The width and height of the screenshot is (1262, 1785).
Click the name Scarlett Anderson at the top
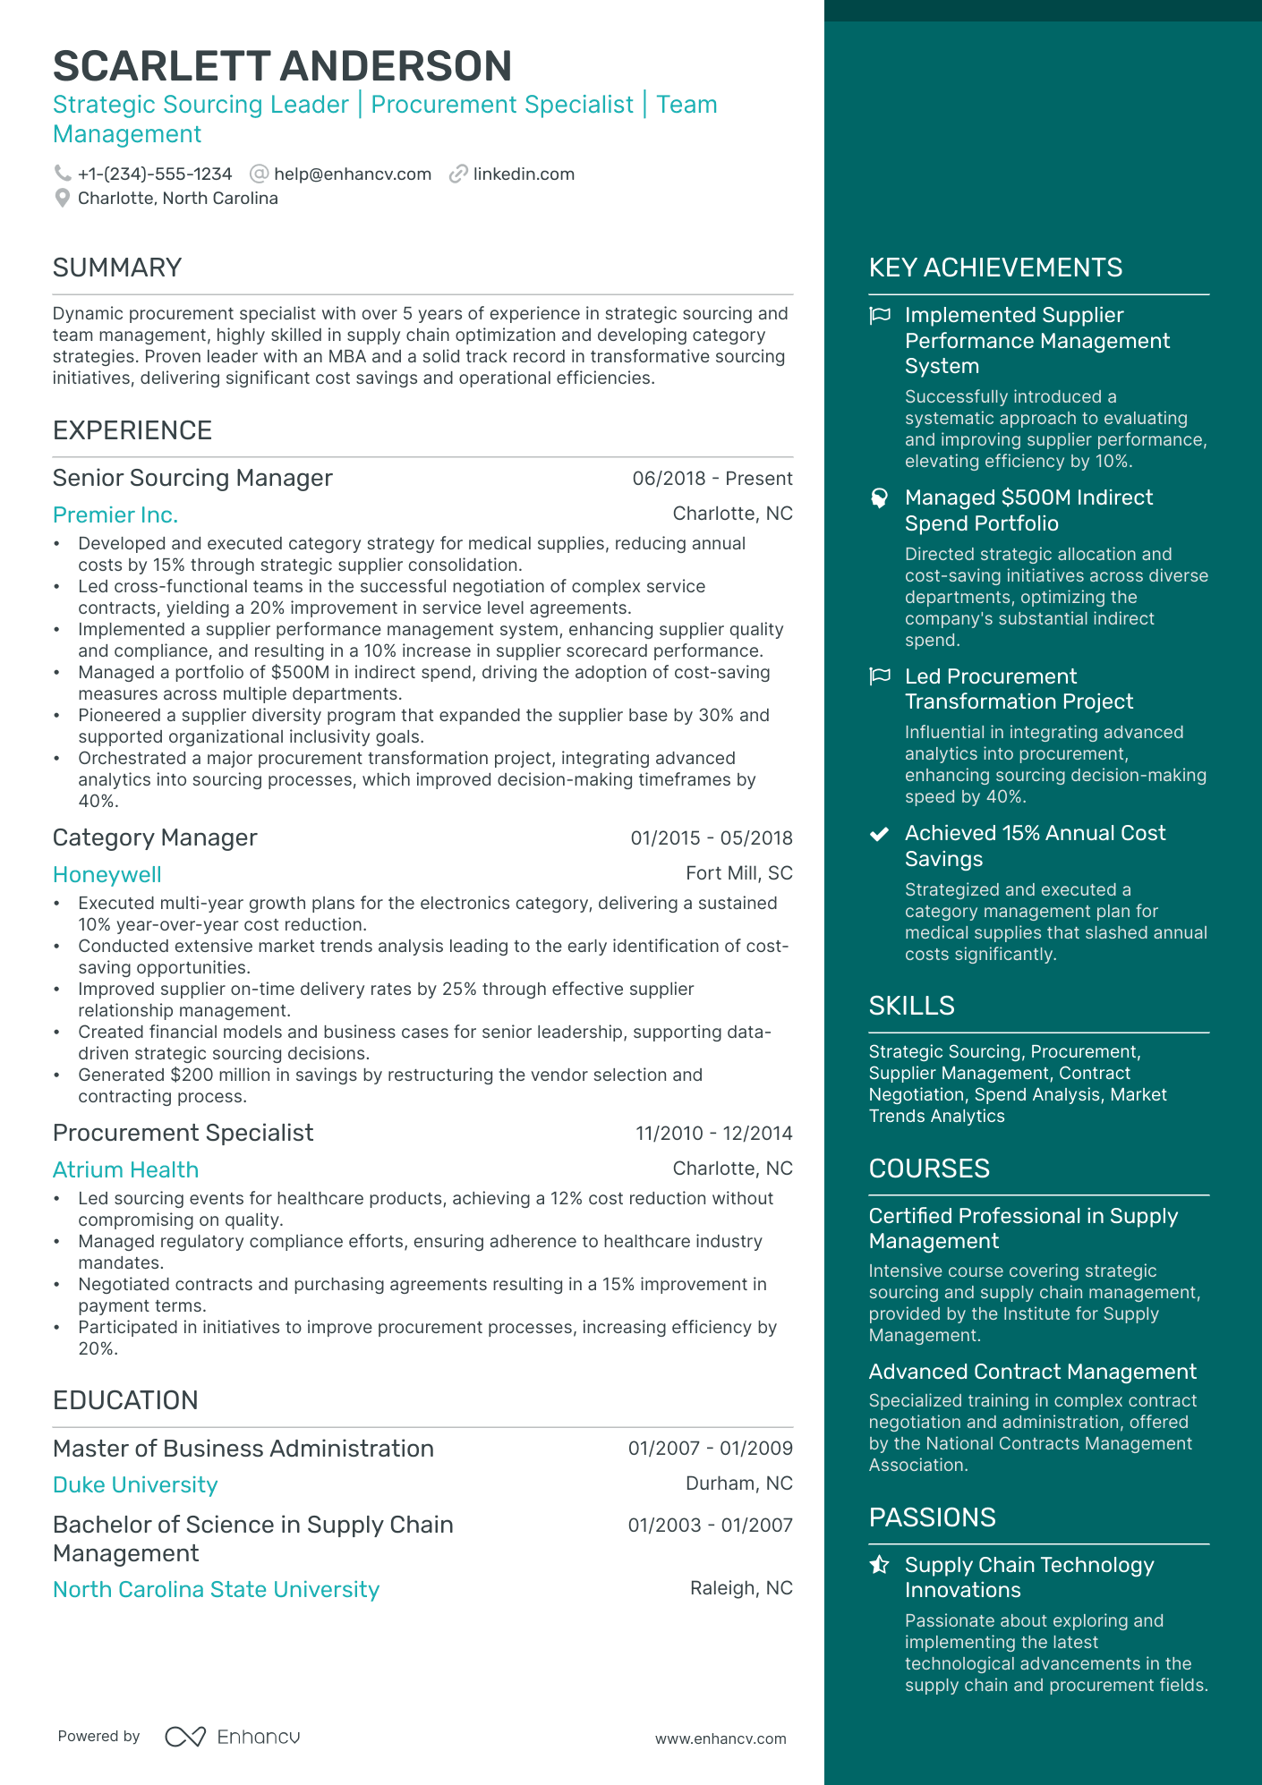tap(282, 66)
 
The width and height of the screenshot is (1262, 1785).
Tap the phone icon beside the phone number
tap(62, 174)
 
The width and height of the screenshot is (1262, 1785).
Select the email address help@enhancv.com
tap(352, 174)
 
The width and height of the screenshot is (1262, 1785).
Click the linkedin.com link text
tap(524, 174)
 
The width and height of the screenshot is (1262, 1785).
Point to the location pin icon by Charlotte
tap(62, 198)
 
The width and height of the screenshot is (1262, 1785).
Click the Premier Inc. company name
tap(115, 515)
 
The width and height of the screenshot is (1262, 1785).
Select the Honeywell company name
tap(107, 875)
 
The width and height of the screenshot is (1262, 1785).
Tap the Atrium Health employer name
tap(125, 1170)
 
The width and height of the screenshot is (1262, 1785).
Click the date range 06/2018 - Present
tap(712, 479)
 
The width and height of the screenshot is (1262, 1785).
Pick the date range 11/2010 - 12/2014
tap(713, 1134)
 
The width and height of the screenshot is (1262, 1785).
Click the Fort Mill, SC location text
tap(738, 873)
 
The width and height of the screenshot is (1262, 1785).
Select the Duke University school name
tap(135, 1485)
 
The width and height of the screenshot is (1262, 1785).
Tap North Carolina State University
tap(216, 1590)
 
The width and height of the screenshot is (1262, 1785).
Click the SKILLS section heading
tap(911, 1006)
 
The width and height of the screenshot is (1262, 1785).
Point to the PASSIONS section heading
tap(932, 1517)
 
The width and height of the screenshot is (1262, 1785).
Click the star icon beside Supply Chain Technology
tap(880, 1565)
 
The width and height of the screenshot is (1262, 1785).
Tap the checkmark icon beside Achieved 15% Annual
tap(880, 834)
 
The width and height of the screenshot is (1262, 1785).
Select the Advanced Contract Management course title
tap(1032, 1372)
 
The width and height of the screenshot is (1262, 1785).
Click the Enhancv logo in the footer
tap(233, 1737)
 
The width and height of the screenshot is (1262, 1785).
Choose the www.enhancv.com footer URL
tap(721, 1738)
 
